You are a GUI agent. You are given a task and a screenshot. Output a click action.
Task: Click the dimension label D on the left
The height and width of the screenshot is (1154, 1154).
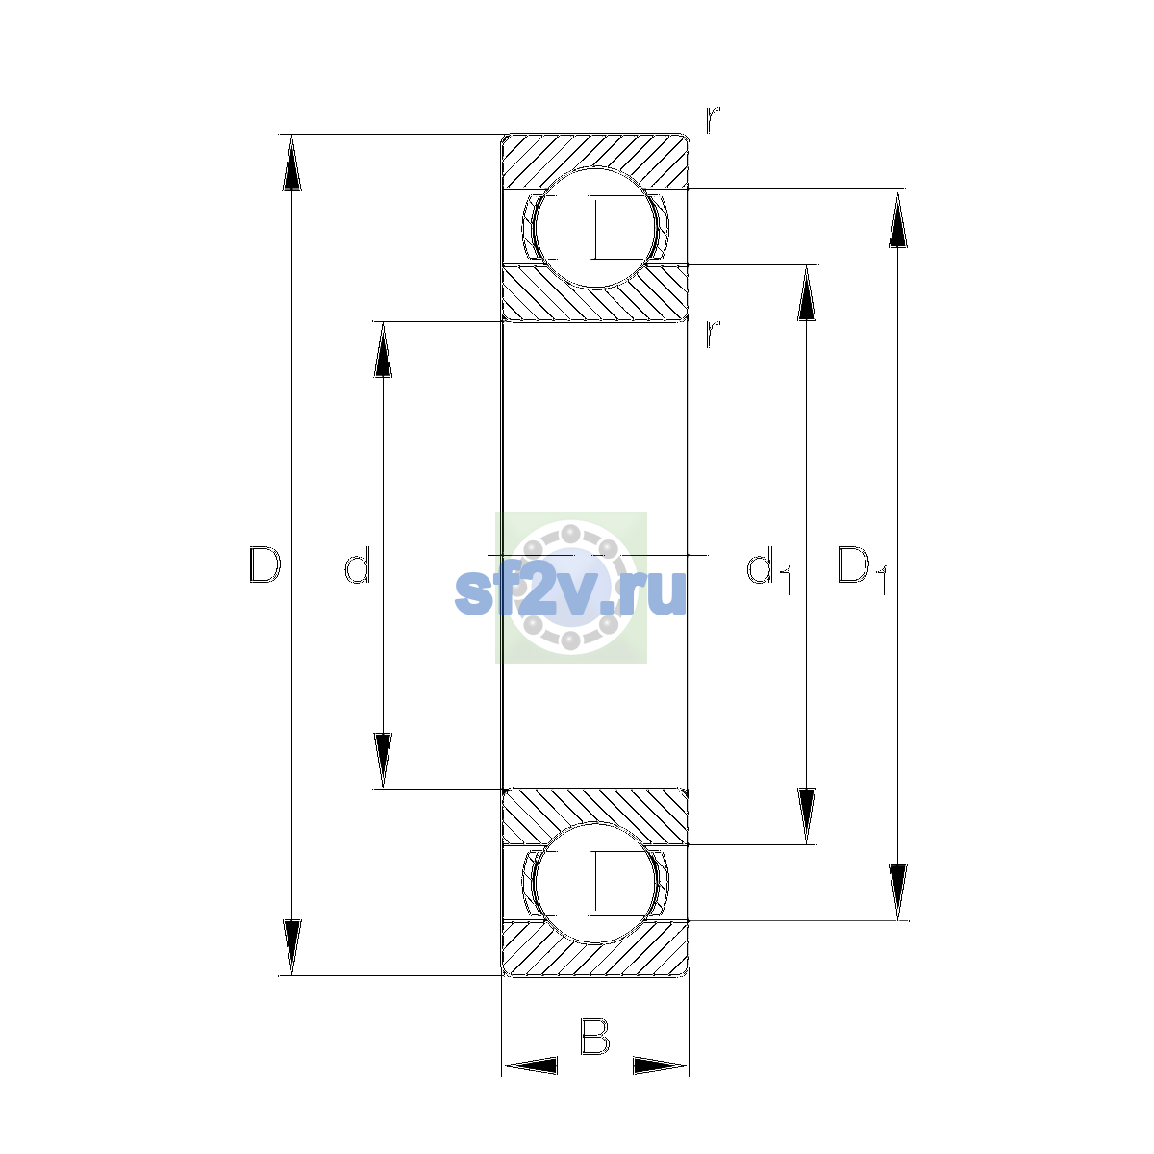[x=265, y=564]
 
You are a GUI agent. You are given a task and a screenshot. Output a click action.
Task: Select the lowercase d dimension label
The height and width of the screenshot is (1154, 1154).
[x=358, y=564]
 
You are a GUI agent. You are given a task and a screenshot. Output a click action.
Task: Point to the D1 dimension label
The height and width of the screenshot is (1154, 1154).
[x=863, y=570]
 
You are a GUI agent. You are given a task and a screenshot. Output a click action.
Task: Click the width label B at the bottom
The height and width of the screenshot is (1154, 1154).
[x=594, y=1036]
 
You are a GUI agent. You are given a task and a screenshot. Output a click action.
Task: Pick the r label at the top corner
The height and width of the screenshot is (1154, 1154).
[x=712, y=119]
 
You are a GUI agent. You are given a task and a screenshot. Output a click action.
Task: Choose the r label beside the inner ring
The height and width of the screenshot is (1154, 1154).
[x=712, y=334]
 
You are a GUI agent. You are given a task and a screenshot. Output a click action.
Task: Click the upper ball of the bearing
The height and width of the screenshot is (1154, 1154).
[x=595, y=228]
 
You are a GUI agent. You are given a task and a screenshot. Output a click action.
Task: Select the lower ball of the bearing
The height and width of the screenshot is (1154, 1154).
[x=595, y=883]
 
